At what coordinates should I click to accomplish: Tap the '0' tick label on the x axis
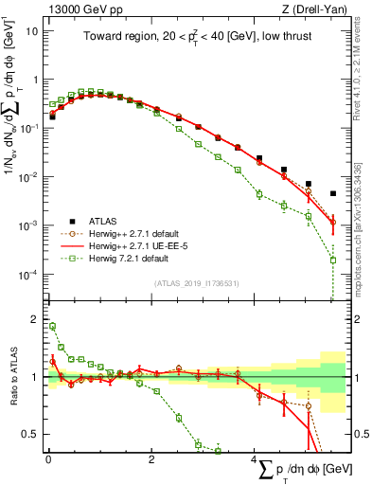coord(48,459)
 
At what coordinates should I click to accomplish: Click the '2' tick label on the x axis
coord(151,459)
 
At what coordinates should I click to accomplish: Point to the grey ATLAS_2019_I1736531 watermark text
coord(195,283)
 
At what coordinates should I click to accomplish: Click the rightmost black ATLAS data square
coord(332,194)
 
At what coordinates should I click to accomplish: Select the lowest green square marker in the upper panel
coord(332,260)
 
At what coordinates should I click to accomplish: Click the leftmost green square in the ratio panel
coord(52,326)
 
